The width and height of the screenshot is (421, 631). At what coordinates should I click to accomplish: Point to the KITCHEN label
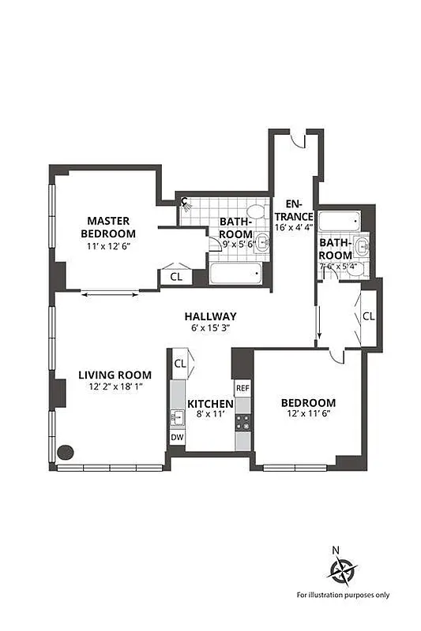[209, 404]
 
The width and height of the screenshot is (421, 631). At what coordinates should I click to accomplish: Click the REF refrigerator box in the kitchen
[242, 389]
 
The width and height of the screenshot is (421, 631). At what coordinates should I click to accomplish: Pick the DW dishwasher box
[178, 436]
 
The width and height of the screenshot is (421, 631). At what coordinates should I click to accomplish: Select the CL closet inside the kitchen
[179, 363]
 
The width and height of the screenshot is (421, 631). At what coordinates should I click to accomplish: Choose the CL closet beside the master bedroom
[175, 277]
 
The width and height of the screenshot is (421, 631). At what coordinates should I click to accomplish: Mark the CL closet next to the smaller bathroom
[368, 316]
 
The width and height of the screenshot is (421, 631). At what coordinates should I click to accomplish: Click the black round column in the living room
[66, 453]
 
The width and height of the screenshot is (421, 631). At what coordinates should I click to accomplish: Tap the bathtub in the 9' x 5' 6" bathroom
[235, 274]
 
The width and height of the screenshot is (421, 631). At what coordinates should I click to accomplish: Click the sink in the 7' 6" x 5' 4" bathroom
[363, 246]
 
